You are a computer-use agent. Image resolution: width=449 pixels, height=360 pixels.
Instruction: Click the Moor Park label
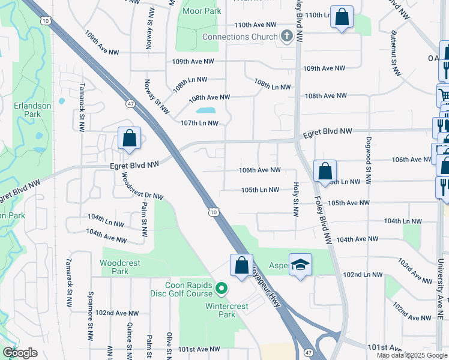point(202,11)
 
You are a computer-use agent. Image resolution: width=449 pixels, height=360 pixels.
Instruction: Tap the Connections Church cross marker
point(286,37)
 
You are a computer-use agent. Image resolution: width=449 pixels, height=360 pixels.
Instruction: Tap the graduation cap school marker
point(300,264)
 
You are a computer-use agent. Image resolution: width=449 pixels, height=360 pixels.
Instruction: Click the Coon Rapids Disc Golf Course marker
point(221,289)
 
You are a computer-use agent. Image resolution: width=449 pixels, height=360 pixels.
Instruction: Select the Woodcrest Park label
point(120,267)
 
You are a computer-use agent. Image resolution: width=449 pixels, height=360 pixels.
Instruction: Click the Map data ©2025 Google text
point(412,355)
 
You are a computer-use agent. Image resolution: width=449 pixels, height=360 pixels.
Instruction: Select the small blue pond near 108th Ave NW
point(205,110)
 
